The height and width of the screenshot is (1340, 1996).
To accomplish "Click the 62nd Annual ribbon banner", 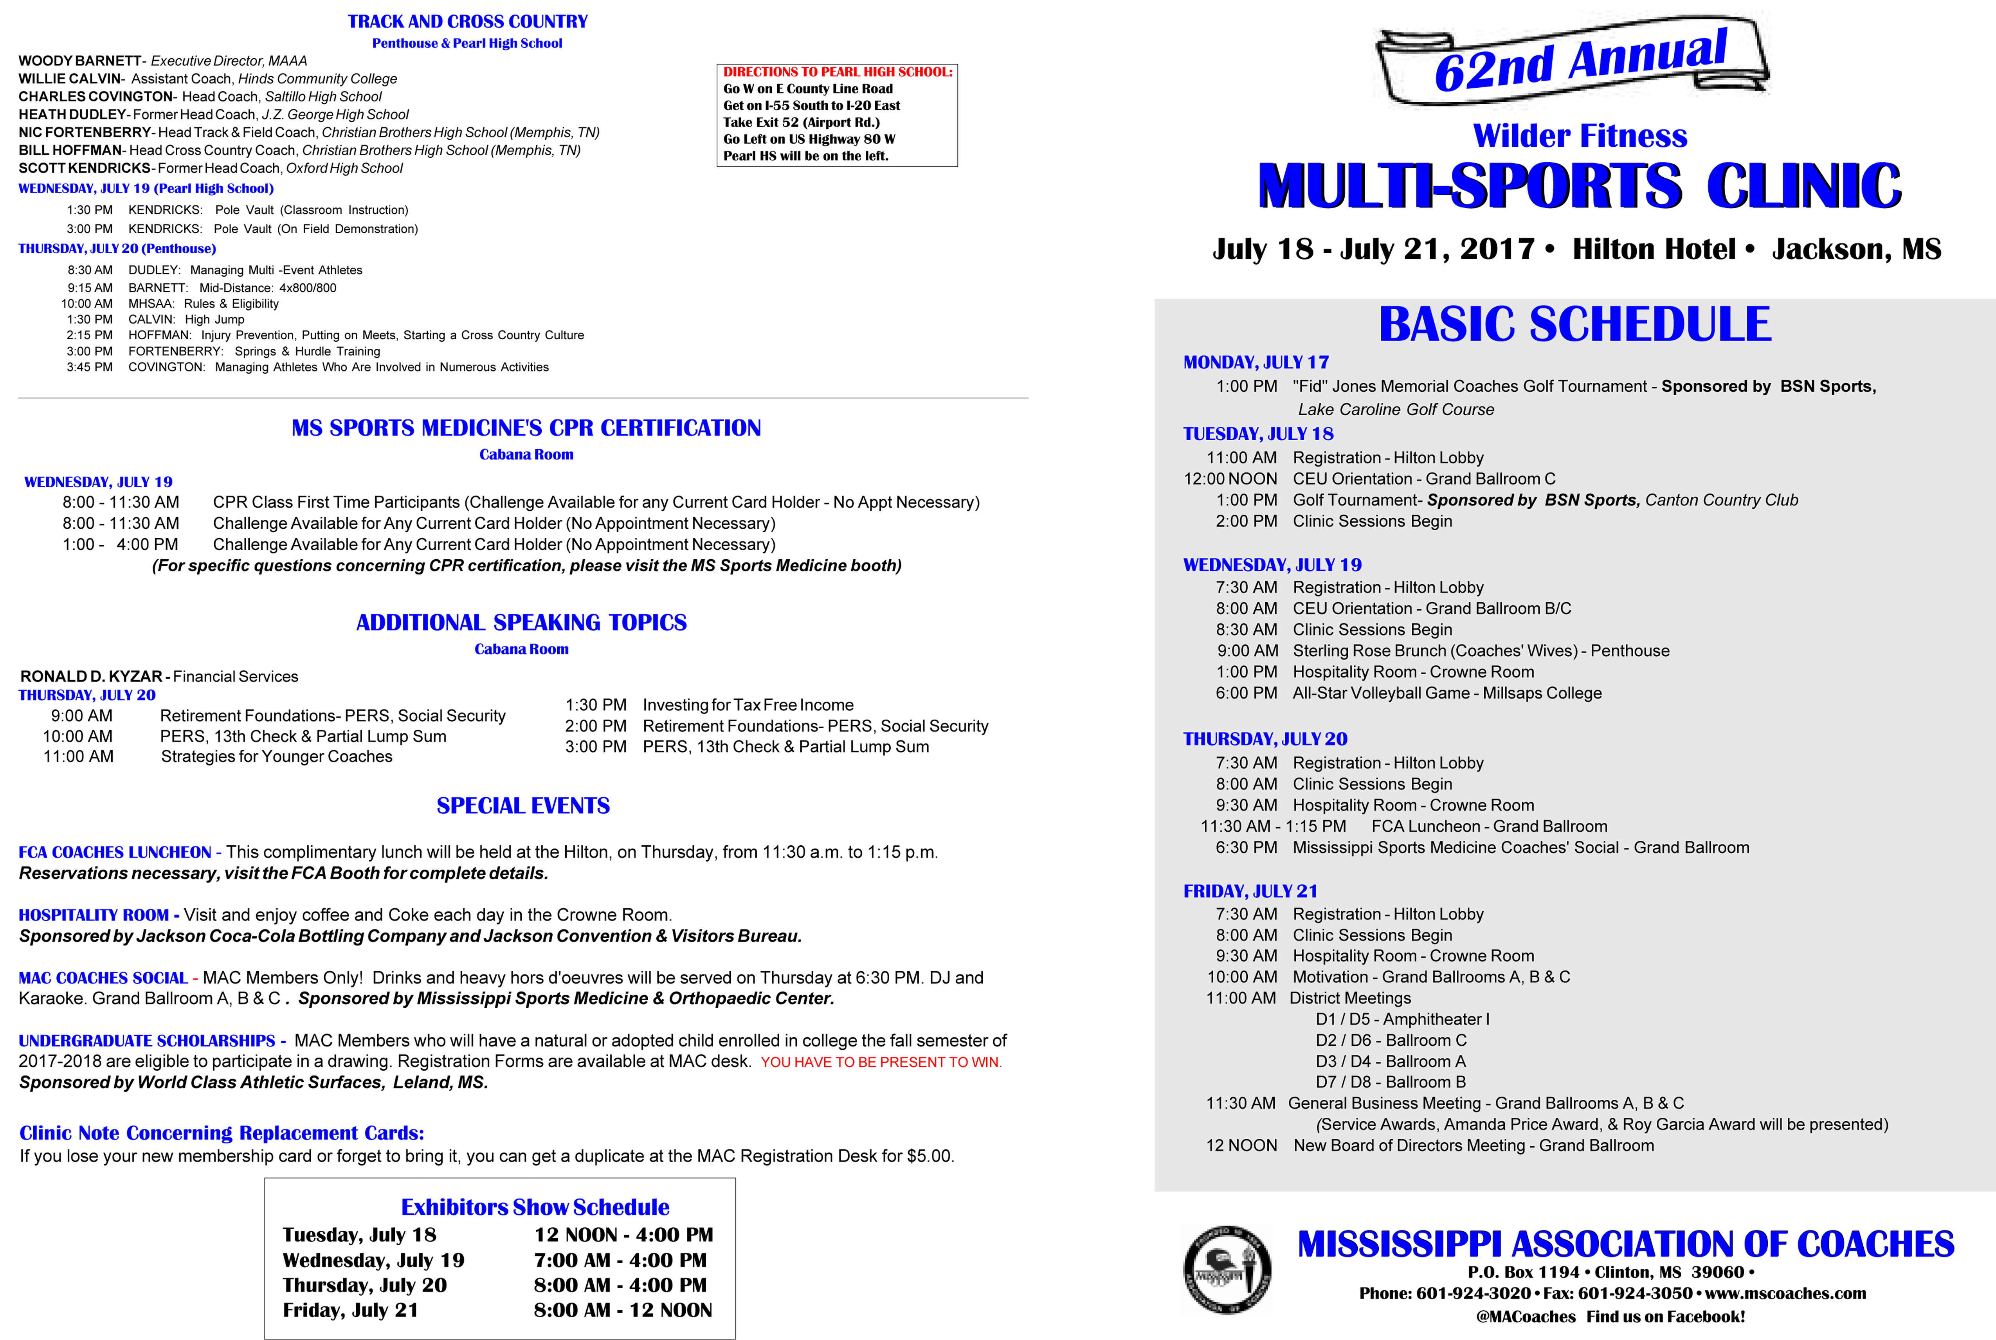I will click(x=1572, y=60).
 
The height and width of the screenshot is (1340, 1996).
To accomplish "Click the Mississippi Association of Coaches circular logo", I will click(x=1227, y=1269).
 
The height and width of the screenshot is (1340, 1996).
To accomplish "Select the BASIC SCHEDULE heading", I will click(x=1575, y=325).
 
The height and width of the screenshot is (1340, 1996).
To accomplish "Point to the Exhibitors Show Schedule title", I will click(x=535, y=1207).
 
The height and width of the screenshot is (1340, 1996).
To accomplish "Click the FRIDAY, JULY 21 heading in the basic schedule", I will click(x=1250, y=892).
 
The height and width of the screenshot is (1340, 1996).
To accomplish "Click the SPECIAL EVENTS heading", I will click(x=523, y=806).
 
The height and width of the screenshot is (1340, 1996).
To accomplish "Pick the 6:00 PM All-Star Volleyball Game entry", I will click(x=1408, y=693).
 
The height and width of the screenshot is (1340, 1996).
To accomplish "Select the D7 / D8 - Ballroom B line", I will click(x=1390, y=1082).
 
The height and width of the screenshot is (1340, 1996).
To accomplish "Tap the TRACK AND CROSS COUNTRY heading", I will click(x=467, y=22).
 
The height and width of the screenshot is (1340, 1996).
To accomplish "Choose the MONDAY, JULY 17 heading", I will click(x=1255, y=362).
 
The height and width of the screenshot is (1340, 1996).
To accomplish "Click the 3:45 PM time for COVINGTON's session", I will click(x=90, y=367).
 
